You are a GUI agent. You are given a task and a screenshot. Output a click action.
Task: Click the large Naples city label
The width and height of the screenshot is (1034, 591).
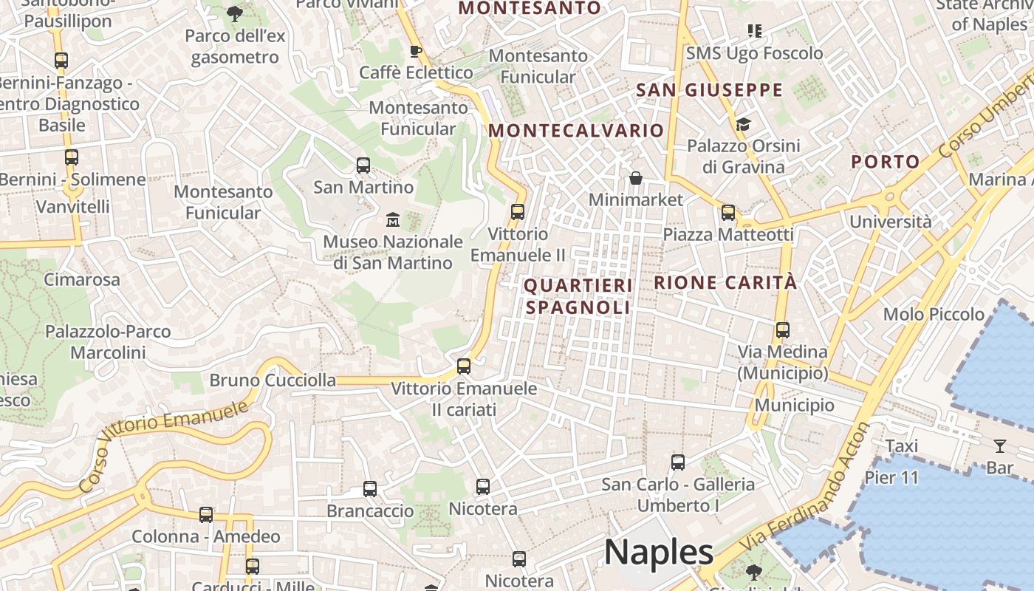659,552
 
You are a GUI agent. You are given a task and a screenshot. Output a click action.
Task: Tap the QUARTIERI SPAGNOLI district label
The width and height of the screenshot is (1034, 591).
578,296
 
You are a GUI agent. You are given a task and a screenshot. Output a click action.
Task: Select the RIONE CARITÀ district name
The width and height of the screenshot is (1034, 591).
725,282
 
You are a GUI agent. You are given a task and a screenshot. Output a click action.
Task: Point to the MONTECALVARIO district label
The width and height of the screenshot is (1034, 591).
576,131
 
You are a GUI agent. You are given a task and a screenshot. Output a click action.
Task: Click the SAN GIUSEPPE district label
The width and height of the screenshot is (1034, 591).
709,90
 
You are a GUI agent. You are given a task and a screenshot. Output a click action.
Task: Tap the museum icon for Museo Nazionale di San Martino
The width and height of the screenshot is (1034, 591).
392,219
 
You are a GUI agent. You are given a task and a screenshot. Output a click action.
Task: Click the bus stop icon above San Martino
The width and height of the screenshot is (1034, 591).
363,165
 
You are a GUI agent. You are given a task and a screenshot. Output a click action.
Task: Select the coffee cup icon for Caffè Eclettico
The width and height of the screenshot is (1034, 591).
415,51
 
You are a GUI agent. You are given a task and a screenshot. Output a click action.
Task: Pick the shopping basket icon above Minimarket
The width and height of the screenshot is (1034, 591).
635,178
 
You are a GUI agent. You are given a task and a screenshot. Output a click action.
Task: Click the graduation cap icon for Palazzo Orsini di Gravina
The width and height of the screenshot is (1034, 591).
743,124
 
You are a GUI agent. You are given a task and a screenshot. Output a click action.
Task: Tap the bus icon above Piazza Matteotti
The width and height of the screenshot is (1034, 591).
728,213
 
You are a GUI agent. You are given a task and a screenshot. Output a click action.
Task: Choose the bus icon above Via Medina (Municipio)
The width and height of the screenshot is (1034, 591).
782,329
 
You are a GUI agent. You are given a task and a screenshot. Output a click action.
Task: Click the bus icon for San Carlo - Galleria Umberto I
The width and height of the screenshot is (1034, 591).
677,462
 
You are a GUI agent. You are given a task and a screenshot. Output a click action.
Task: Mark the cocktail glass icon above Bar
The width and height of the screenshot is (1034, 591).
999,445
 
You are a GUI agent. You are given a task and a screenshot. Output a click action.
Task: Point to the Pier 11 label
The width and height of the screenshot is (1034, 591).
891,477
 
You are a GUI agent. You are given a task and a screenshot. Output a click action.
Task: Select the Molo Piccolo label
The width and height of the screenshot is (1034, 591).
934,314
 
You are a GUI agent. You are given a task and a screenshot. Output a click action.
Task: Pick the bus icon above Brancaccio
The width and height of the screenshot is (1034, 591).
370,488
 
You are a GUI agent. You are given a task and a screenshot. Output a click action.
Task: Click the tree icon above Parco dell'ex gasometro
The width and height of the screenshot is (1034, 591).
233,13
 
